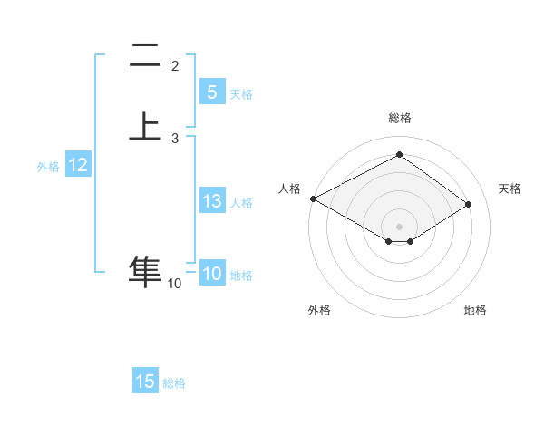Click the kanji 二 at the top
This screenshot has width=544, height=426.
[146, 56]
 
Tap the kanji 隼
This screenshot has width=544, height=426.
[146, 271]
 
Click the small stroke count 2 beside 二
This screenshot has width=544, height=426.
[175, 66]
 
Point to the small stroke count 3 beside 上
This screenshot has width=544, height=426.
[175, 138]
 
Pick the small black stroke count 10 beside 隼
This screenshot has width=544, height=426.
[175, 284]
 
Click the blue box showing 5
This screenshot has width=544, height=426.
[211, 92]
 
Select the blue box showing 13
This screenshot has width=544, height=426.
[211, 201]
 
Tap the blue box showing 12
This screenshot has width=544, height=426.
[78, 165]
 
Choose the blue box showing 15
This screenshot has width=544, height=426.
[145, 382]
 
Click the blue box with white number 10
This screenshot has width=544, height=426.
[212, 274]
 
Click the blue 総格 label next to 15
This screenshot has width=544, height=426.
[174, 383]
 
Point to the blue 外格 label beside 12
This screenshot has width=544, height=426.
[48, 167]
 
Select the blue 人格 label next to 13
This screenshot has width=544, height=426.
[242, 203]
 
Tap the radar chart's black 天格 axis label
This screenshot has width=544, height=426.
[510, 189]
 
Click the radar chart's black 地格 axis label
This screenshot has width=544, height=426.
[475, 310]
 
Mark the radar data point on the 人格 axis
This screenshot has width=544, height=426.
[313, 198]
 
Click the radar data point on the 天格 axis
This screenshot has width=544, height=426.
[468, 204]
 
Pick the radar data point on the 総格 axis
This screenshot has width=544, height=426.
[399, 154]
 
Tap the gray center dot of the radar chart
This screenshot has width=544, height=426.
[399, 226]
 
